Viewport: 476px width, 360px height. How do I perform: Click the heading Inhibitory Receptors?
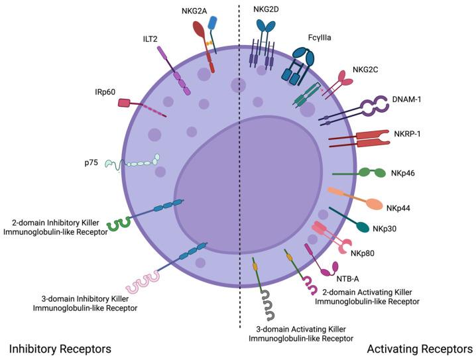(x=60, y=348)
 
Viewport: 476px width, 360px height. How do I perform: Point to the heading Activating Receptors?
(x=420, y=348)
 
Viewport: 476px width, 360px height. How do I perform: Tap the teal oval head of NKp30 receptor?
(x=363, y=227)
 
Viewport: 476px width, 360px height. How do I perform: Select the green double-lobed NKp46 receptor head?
(x=372, y=172)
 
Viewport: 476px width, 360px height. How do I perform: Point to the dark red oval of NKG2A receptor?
(x=200, y=30)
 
